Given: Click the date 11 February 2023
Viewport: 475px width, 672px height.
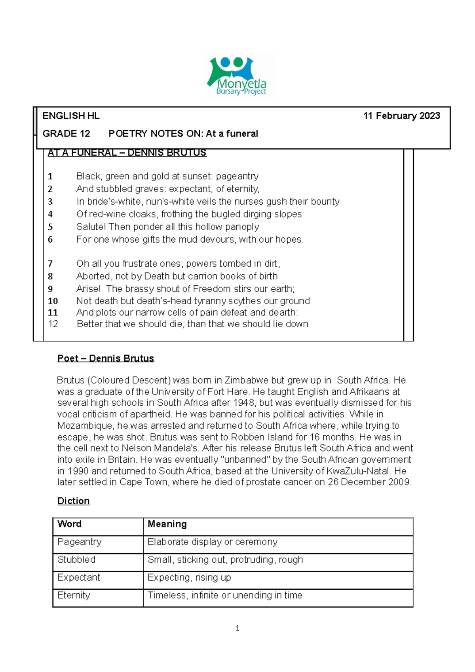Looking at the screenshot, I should (x=401, y=116).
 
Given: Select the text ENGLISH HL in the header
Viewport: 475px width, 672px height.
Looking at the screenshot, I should (x=71, y=116).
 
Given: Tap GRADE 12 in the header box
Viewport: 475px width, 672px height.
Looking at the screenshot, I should (x=66, y=134).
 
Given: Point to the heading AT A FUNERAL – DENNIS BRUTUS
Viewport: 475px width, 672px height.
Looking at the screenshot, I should (x=127, y=153).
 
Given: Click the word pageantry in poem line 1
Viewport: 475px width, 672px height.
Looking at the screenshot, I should (x=237, y=176).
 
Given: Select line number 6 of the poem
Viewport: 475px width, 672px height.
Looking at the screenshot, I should (x=50, y=239).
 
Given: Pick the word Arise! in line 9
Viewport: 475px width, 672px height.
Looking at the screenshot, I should (x=88, y=289).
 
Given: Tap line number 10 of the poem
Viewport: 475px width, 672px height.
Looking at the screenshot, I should (x=53, y=301).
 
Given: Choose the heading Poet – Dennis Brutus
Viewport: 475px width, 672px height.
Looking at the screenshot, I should (x=106, y=359).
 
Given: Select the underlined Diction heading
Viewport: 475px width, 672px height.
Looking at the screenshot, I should (x=74, y=501).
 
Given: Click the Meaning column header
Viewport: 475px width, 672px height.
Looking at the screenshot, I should (x=167, y=524).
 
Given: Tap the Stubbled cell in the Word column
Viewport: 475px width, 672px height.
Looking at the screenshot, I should (x=76, y=560).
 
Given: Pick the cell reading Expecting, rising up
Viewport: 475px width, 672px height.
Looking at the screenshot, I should (x=189, y=577).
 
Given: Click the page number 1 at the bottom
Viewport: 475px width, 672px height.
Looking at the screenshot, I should (x=237, y=628).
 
